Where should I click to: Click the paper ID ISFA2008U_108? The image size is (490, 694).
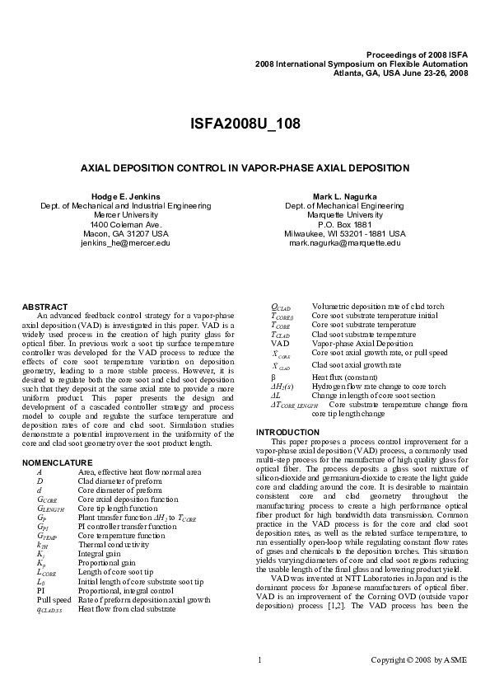coord(245,124)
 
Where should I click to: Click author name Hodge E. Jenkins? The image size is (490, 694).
coord(125,196)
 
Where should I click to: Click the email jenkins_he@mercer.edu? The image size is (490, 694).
coord(125,243)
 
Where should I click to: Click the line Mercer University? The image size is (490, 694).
coord(125,215)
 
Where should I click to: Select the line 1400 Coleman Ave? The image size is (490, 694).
coord(125,224)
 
